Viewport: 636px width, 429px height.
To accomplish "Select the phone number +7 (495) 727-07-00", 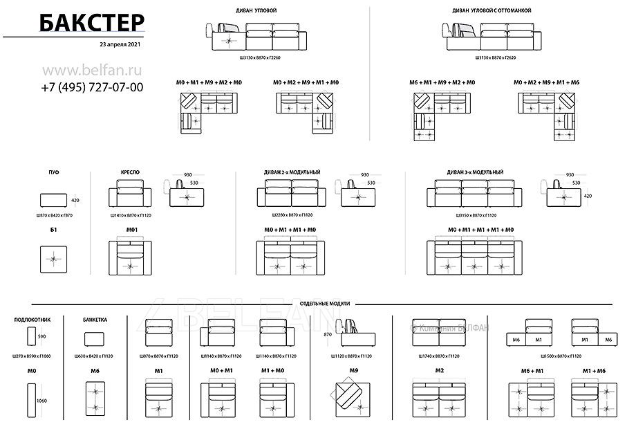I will [92, 87].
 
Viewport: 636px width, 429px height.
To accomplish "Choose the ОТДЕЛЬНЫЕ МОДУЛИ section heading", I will [326, 304].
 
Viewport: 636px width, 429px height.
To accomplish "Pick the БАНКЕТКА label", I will [95, 320].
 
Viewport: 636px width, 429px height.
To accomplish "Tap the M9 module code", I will [353, 371].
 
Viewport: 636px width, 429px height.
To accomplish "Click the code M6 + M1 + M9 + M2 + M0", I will [442, 82].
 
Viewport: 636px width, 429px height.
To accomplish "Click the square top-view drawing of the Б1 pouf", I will [53, 260].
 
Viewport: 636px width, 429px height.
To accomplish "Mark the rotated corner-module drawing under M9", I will [353, 399].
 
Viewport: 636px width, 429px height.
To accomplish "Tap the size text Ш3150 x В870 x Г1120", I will [476, 216].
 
